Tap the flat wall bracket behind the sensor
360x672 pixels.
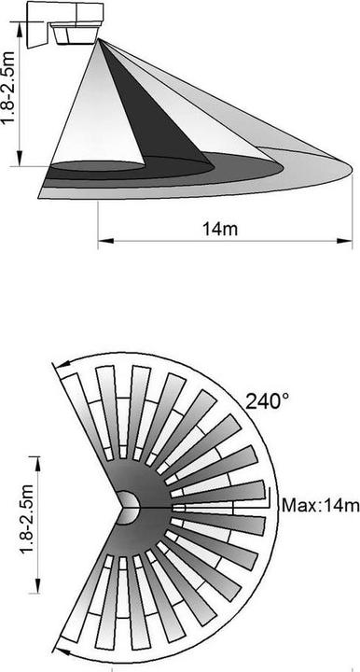click(x=35, y=22)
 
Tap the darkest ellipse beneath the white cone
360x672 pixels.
click(x=93, y=167)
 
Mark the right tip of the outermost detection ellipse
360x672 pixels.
click(x=352, y=168)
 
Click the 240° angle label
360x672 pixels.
click(x=268, y=401)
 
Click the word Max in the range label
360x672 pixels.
click(x=298, y=506)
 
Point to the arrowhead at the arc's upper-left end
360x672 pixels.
click(x=59, y=377)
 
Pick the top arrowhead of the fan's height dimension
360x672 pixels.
click(x=37, y=459)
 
